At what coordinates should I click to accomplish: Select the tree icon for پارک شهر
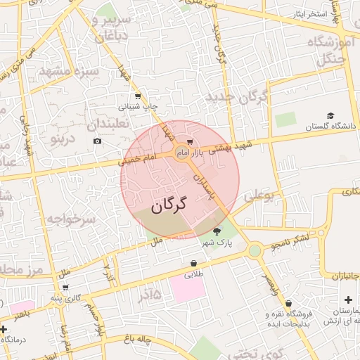(x=217, y=231)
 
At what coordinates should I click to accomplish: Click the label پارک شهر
(x=217, y=243)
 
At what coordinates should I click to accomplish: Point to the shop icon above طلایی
(x=193, y=264)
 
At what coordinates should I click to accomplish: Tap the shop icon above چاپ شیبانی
(x=138, y=97)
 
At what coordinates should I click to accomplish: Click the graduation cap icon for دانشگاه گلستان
(x=330, y=116)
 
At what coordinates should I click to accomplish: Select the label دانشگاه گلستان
(x=331, y=127)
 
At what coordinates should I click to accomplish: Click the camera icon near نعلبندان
(x=97, y=141)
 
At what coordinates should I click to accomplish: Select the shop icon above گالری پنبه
(x=65, y=287)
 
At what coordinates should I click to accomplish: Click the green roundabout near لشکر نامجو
(x=255, y=250)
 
